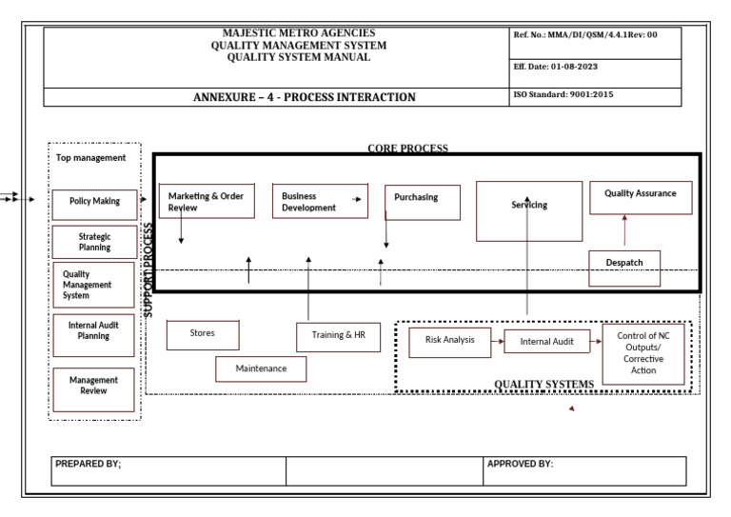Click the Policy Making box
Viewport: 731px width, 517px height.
[93, 202]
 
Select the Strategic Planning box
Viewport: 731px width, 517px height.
[93, 242]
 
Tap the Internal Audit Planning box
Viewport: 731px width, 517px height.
[93, 331]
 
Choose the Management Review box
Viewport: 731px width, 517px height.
[93, 386]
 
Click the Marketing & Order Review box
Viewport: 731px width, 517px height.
[207, 201]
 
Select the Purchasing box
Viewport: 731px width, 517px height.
[422, 202]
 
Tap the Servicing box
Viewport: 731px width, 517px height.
[528, 210]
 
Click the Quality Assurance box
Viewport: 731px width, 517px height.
[640, 197]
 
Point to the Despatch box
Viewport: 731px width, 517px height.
[624, 268]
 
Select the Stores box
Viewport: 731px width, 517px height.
[203, 334]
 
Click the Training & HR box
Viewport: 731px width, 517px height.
[338, 336]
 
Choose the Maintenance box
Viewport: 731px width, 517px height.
[261, 368]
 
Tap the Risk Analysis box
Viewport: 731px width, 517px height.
[449, 342]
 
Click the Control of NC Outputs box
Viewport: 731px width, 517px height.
[643, 353]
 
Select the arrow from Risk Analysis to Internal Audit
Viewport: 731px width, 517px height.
[497, 341]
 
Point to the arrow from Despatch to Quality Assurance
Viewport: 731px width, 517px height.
[624, 231]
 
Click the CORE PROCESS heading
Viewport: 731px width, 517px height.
[407, 149]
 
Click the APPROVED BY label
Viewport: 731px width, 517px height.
[520, 465]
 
